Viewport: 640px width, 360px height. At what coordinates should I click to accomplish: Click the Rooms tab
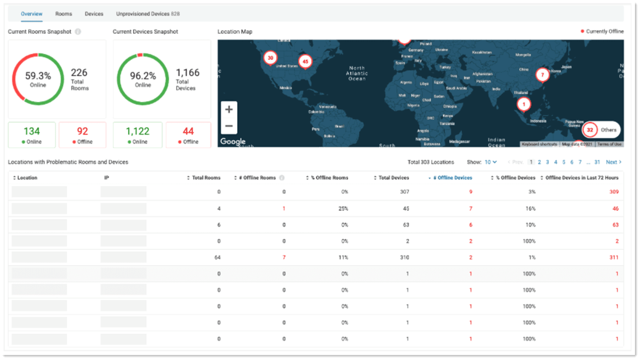pyautogui.click(x=63, y=14)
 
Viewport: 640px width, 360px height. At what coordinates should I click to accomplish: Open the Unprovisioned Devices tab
pyautogui.click(x=147, y=14)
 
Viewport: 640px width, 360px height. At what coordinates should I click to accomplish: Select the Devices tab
pyautogui.click(x=94, y=14)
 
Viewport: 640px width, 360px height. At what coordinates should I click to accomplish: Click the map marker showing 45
pyautogui.click(x=305, y=62)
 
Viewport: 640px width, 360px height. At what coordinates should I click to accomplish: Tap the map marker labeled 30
pyautogui.click(x=270, y=58)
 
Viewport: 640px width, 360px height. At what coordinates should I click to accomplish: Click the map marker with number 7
pyautogui.click(x=542, y=75)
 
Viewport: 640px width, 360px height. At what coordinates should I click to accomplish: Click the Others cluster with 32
pyautogui.click(x=601, y=130)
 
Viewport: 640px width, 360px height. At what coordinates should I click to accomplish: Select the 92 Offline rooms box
pyautogui.click(x=83, y=135)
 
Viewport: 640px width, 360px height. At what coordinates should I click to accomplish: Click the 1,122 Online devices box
pyautogui.click(x=137, y=135)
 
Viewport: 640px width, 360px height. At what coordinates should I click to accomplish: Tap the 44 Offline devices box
pyautogui.click(x=188, y=135)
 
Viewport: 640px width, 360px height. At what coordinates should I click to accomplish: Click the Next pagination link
pyautogui.click(x=613, y=162)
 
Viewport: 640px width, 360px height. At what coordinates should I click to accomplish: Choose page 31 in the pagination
pyautogui.click(x=597, y=162)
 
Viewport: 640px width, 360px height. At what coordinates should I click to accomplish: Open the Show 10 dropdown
pyautogui.click(x=490, y=162)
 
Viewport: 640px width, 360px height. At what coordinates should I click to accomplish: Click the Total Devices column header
pyautogui.click(x=393, y=178)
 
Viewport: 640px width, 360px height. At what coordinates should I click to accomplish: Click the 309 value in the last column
pyautogui.click(x=614, y=192)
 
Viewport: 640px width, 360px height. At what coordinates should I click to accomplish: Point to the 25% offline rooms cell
pyautogui.click(x=342, y=209)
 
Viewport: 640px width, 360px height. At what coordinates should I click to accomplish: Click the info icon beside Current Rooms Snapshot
pyautogui.click(x=78, y=32)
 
